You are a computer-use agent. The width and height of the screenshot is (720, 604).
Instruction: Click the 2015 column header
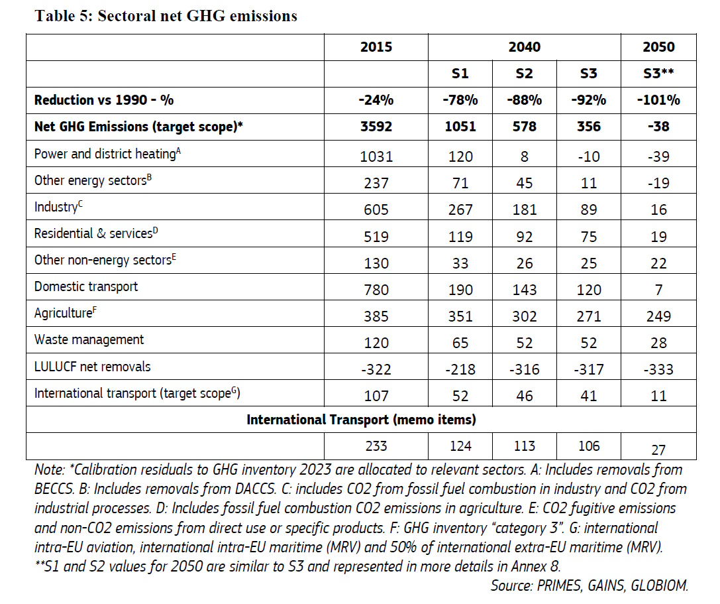[x=376, y=47]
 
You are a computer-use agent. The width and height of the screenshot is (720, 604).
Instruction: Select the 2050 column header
[x=658, y=47]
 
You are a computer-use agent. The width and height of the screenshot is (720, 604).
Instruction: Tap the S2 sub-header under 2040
[x=524, y=74]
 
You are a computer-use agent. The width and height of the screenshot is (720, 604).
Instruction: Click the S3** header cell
[x=658, y=74]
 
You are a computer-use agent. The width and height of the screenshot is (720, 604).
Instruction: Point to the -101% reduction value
[x=658, y=100]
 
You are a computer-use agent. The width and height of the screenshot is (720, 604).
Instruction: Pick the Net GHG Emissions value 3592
[x=376, y=127]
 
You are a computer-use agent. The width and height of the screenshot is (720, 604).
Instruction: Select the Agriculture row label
[x=65, y=313]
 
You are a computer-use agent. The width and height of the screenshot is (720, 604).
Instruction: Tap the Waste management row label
[x=89, y=339]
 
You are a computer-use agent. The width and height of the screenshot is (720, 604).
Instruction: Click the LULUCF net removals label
[x=92, y=367]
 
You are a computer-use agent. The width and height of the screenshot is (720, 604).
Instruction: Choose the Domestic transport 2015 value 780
[x=376, y=290]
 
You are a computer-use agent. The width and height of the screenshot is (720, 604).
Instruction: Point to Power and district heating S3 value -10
[x=589, y=156]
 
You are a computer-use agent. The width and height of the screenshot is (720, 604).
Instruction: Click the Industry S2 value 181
[x=525, y=210]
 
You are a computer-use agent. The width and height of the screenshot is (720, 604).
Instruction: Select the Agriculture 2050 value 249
[x=658, y=316]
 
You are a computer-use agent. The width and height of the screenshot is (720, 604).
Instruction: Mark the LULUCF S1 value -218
[x=460, y=369]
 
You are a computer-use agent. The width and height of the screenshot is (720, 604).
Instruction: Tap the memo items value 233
[x=376, y=446]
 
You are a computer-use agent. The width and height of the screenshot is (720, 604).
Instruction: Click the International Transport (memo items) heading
[x=361, y=420]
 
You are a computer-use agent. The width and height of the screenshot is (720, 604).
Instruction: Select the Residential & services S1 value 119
[x=460, y=237]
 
